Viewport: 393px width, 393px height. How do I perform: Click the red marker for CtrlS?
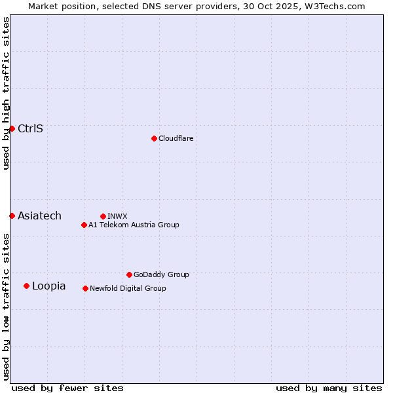(12, 128)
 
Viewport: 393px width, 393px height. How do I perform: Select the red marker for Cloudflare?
(154, 138)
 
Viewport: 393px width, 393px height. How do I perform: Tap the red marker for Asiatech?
(12, 215)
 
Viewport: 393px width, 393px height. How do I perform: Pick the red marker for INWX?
(103, 216)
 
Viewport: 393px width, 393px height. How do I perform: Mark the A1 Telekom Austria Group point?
(84, 225)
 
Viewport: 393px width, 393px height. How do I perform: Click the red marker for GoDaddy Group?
(129, 274)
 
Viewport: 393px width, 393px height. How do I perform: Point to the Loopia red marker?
(26, 286)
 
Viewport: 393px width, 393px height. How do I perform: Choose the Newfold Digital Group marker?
(85, 288)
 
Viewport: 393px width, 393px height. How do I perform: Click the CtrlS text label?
(30, 128)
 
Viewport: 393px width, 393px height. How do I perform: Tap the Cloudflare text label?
(176, 138)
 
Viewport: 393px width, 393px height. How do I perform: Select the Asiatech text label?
(39, 215)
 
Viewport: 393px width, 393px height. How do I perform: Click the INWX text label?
(117, 216)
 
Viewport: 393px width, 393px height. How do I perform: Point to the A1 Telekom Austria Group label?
(134, 225)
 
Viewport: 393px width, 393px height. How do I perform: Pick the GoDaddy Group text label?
(161, 274)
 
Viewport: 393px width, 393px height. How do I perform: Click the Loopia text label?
(48, 286)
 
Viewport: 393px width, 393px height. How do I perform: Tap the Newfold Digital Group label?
(128, 288)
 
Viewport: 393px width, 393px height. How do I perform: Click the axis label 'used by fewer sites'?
(67, 388)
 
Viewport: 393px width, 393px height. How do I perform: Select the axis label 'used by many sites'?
(329, 388)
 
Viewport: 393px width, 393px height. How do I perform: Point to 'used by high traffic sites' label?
(6, 93)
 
